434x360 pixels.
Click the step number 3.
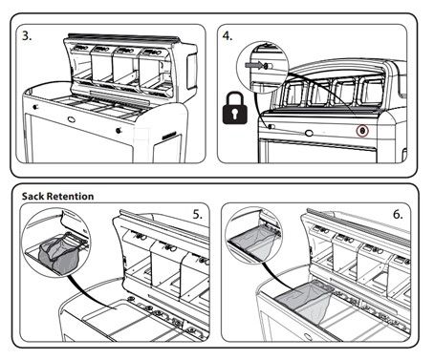pos(27,36)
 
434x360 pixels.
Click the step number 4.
pos(228,36)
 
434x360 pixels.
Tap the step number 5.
pos(198,215)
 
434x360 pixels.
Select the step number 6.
pos(398,215)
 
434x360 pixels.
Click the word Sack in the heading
pos(33,196)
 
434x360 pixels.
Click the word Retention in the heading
pos(70,196)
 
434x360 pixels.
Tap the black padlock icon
pos(235,108)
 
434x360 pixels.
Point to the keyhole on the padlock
pos(235,114)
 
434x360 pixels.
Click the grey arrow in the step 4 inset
pos(253,66)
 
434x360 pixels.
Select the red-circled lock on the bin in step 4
pos(362,131)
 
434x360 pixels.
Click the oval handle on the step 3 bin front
pos(72,119)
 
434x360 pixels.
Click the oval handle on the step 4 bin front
pos(309,133)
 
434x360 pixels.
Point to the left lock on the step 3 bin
pos(35,107)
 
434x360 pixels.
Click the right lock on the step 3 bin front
pos(119,130)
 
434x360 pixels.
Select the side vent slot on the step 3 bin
pos(169,136)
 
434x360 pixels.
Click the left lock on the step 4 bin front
pos(271,127)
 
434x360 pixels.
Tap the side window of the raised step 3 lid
pos(192,71)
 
